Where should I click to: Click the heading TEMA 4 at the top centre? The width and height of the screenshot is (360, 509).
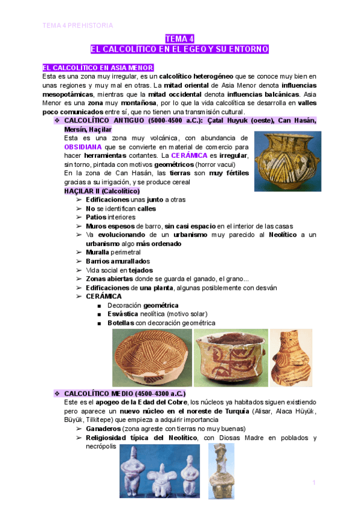tap(179, 38)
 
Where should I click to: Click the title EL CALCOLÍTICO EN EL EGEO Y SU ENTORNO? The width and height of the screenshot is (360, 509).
tap(179, 49)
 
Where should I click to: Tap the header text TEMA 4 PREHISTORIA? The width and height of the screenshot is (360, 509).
tap(77, 25)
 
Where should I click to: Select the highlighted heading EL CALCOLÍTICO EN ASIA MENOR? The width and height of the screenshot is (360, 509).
tap(98, 68)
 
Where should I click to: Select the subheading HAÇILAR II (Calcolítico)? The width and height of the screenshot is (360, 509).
tap(101, 191)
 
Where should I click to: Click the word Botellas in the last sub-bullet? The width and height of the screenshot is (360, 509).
tap(121, 323)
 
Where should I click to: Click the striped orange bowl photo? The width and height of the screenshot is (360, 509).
tap(152, 358)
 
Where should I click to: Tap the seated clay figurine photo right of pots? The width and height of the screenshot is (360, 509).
tap(290, 358)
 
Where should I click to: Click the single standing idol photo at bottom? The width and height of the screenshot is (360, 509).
tap(221, 472)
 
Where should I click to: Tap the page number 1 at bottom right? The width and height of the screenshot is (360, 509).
tap(314, 482)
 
